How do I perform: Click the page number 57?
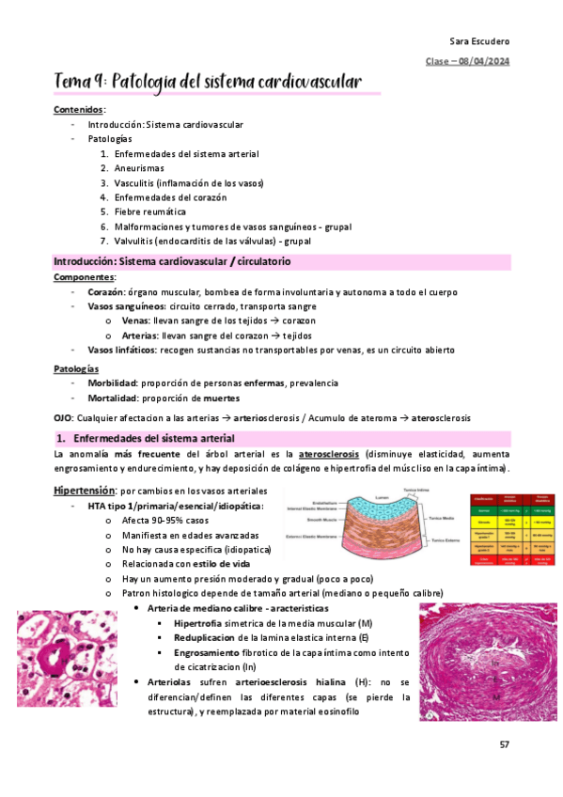click(505, 744)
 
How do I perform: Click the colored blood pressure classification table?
click(512, 529)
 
